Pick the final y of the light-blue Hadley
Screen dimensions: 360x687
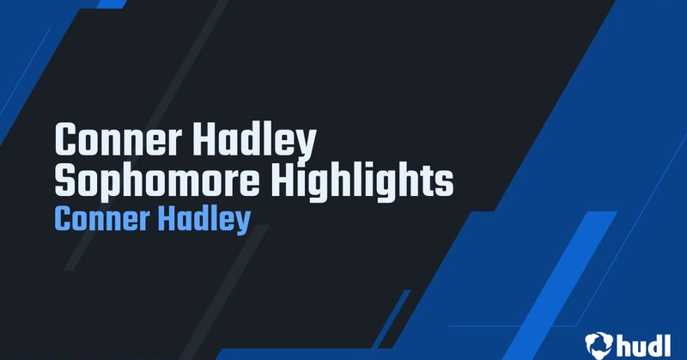point(242,223)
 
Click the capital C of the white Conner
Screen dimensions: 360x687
point(65,138)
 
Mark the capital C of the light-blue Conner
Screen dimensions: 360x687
point(62,219)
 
